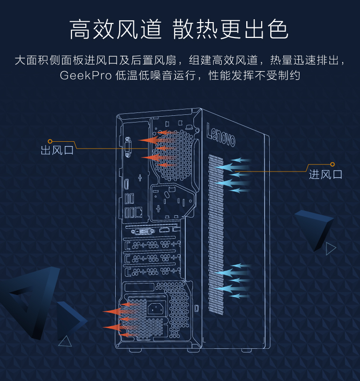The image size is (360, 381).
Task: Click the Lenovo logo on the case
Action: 221,135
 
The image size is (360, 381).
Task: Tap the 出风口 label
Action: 57,150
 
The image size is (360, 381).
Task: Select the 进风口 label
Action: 325,174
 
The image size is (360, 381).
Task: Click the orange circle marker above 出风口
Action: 50,141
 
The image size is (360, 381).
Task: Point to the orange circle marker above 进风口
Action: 332,164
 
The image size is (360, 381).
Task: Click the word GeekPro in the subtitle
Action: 85,75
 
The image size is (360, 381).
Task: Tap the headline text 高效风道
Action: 116,29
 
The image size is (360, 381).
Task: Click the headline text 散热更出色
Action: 230,29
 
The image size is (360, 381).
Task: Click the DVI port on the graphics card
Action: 143,231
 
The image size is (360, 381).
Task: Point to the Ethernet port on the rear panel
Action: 139,212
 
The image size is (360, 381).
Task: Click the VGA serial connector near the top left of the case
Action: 128,147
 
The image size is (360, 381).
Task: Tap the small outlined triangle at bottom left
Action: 65,341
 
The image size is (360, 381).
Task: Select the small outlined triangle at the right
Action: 331,248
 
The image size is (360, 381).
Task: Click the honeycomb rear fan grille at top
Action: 173,155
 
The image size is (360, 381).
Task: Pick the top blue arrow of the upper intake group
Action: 240,160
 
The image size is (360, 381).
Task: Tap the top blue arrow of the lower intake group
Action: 240,266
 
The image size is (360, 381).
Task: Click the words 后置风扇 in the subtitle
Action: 154,60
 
